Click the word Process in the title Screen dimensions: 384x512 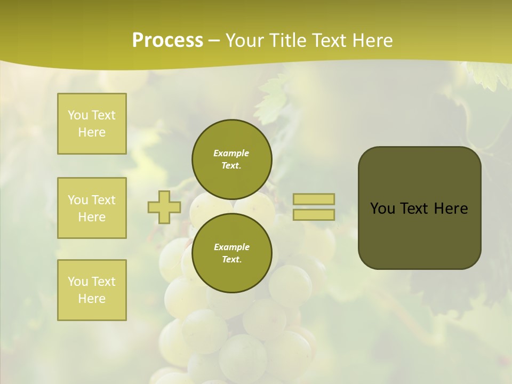pyautogui.click(x=167, y=41)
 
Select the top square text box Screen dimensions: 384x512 pyautogui.click(x=92, y=124)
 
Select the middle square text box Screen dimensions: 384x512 pyautogui.click(x=92, y=208)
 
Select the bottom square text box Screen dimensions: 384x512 pyautogui.click(x=92, y=290)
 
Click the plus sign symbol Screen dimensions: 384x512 pyautogui.click(x=164, y=207)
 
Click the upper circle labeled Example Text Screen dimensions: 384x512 pyautogui.click(x=231, y=159)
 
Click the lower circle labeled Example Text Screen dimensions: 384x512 pyautogui.click(x=231, y=253)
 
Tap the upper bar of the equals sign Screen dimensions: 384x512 pyautogui.click(x=314, y=199)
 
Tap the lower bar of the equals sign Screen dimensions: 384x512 pyautogui.click(x=314, y=214)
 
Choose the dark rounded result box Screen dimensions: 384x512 pyautogui.click(x=419, y=235)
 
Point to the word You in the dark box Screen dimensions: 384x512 pyautogui.click(x=382, y=209)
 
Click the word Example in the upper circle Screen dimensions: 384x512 pyautogui.click(x=231, y=153)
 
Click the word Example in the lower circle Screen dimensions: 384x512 pyautogui.click(x=231, y=247)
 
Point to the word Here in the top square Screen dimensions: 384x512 pyautogui.click(x=92, y=132)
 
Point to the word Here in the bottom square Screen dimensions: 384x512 pyautogui.click(x=92, y=299)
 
